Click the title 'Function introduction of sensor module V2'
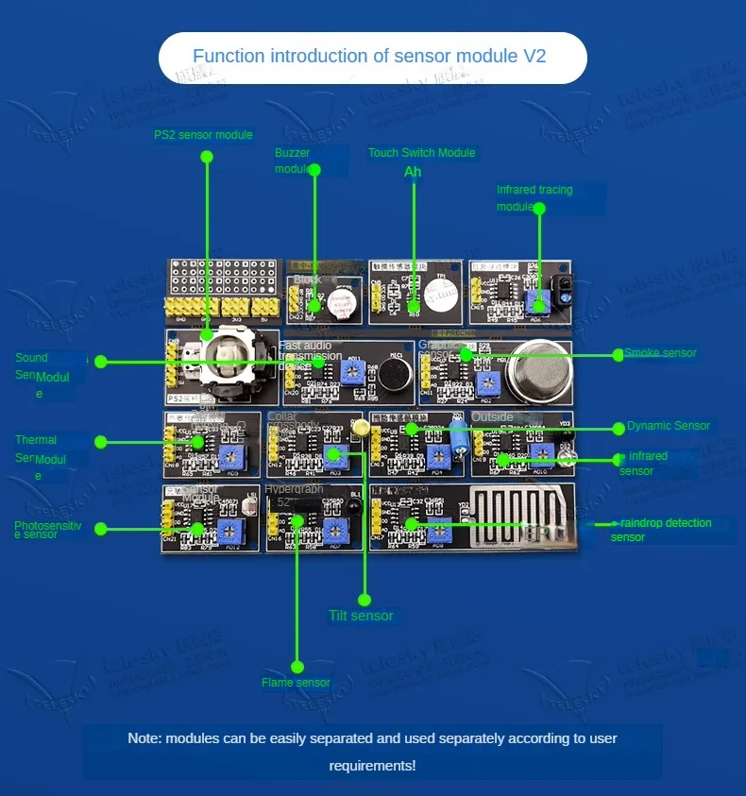(x=369, y=57)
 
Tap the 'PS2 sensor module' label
(x=203, y=135)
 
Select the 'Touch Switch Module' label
(x=421, y=153)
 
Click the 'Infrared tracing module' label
(x=534, y=197)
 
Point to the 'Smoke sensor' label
(x=660, y=353)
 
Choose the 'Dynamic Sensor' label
(x=668, y=426)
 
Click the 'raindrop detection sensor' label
(x=660, y=530)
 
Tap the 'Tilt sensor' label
(x=361, y=616)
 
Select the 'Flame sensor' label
(x=296, y=683)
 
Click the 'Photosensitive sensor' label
(x=48, y=530)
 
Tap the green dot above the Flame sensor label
(x=297, y=667)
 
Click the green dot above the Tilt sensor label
(x=365, y=600)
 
